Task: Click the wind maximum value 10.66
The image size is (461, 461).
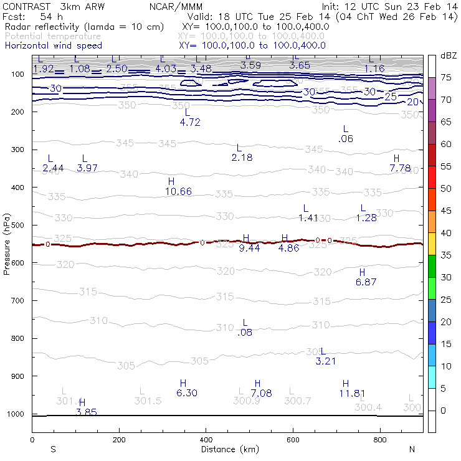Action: pyautogui.click(x=179, y=191)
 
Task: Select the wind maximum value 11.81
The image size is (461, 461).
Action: pyautogui.click(x=351, y=393)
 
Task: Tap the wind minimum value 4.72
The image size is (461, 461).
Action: pyautogui.click(x=189, y=122)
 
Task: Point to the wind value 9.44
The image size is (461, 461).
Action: pyautogui.click(x=249, y=248)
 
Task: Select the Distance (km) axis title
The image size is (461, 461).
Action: pyautogui.click(x=227, y=449)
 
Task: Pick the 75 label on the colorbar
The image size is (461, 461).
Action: pyautogui.click(x=446, y=78)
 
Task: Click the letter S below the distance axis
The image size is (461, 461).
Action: pyautogui.click(x=54, y=449)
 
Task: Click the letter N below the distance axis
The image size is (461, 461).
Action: pyautogui.click(x=412, y=449)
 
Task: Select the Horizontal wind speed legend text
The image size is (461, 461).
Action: pyautogui.click(x=53, y=45)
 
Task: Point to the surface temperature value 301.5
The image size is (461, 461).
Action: pyautogui.click(x=148, y=401)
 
